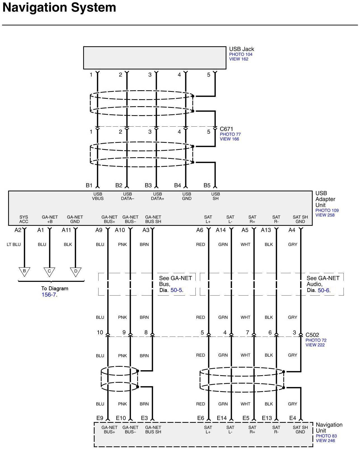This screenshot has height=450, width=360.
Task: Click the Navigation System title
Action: click(x=59, y=8)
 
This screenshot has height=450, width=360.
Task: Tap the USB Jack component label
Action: click(x=241, y=49)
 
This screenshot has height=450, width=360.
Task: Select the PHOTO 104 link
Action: click(x=240, y=54)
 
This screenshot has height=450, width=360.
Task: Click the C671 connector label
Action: click(x=226, y=129)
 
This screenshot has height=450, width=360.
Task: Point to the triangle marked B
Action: click(x=24, y=271)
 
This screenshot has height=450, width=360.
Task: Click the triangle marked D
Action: click(x=76, y=272)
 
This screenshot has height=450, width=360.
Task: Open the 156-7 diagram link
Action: click(x=49, y=295)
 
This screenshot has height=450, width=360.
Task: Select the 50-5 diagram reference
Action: click(x=177, y=290)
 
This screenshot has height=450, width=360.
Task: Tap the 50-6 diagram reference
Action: click(x=324, y=290)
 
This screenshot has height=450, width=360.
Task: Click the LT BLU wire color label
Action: click(x=14, y=244)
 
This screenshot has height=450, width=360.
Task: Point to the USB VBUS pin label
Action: click(x=98, y=196)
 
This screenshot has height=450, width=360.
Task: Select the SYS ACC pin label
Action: click(x=24, y=219)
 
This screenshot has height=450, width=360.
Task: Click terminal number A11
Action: click(x=66, y=230)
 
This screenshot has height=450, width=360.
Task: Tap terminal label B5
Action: click(x=207, y=185)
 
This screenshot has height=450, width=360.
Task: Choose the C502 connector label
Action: click(x=312, y=335)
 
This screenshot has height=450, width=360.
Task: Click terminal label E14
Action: click(x=221, y=418)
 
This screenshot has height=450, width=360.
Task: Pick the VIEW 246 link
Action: click(x=325, y=440)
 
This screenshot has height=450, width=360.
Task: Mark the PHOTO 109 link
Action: click(x=327, y=210)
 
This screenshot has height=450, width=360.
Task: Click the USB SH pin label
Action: click(x=216, y=196)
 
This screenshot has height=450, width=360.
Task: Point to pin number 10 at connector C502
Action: click(x=100, y=332)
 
